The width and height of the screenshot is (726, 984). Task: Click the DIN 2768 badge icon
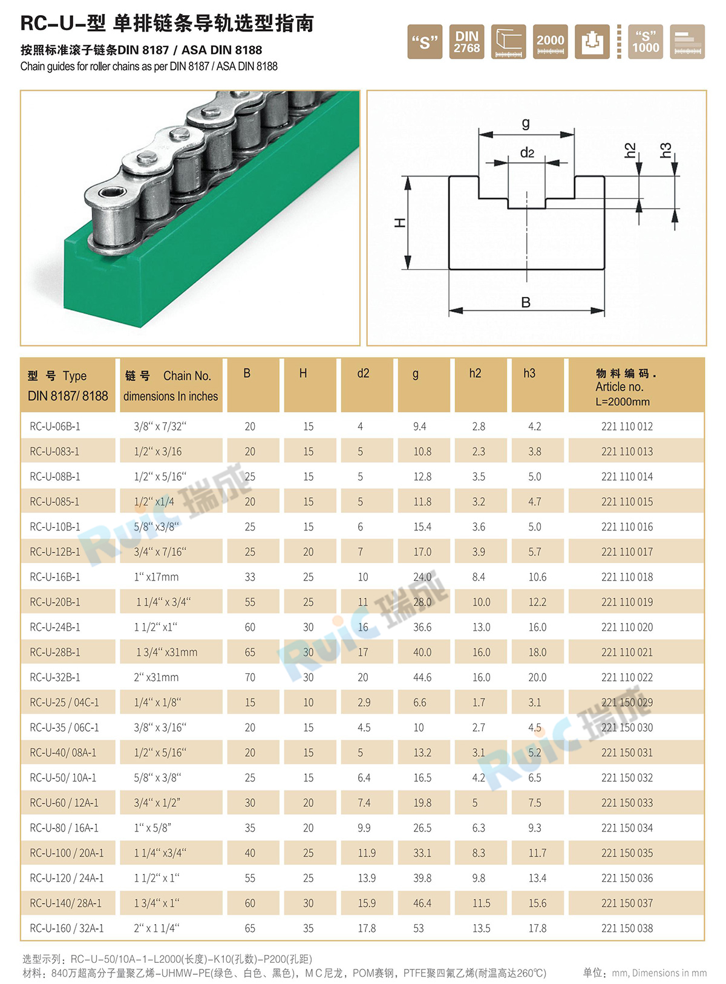tap(466, 42)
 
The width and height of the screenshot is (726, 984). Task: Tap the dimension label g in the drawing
tap(526, 123)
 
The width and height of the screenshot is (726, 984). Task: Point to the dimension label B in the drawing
tap(526, 302)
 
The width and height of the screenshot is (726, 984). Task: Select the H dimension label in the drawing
tap(400, 223)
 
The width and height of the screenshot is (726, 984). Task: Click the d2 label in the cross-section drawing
tap(528, 152)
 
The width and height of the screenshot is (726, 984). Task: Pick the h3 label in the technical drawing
tap(666, 150)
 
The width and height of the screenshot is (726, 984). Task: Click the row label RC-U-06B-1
tap(55, 426)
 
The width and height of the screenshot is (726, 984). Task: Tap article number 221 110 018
tap(627, 577)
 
